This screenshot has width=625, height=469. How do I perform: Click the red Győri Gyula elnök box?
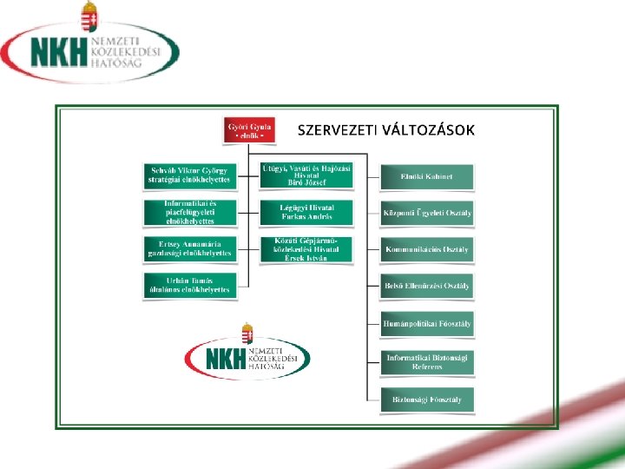(249, 129)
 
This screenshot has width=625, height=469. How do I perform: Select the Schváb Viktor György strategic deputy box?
(190, 175)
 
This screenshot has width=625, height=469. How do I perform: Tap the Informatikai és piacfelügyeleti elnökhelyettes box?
(190, 212)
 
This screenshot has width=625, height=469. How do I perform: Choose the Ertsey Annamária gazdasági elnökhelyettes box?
(190, 248)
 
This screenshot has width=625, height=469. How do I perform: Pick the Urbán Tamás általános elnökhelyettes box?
(190, 284)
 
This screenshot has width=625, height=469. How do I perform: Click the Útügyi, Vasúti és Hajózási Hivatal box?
(306, 175)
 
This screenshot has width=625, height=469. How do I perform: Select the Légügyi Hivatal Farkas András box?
(306, 212)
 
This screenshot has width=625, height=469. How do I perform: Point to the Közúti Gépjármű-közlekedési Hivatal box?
(306, 248)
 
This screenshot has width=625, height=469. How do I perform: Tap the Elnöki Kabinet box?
(427, 176)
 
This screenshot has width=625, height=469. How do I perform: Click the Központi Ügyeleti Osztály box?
(427, 213)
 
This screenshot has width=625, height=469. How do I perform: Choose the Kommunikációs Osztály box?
(427, 249)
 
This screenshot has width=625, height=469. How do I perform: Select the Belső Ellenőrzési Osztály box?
(427, 285)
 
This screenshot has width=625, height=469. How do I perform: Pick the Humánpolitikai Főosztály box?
(427, 324)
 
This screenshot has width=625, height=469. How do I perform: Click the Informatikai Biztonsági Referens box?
(427, 361)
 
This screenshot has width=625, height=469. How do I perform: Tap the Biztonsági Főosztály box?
(427, 400)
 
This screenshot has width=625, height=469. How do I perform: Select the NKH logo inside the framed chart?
(247, 354)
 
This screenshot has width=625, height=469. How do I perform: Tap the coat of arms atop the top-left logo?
(88, 16)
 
